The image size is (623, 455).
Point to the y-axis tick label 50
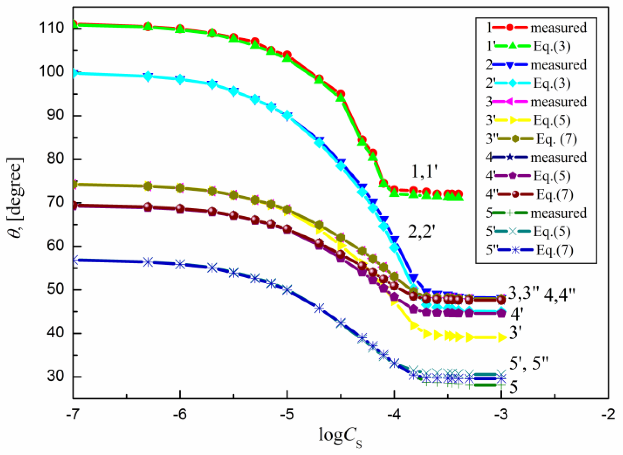tap(55, 289)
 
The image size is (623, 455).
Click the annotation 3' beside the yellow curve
tap(516, 333)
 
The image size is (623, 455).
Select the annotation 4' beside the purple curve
tap(517, 314)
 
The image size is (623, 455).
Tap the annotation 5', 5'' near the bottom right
tap(529, 363)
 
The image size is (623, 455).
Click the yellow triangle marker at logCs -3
tap(502, 337)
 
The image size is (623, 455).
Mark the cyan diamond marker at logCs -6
tap(180, 79)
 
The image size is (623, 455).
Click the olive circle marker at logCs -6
tap(180, 188)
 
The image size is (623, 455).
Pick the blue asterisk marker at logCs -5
tap(287, 290)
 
